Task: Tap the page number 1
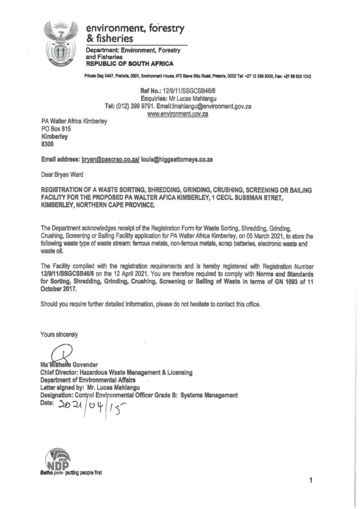pyautogui.click(x=310, y=481)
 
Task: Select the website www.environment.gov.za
pyautogui.click(x=178, y=114)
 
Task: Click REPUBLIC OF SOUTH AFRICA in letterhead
pyautogui.click(x=130, y=64)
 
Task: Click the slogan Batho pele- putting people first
pyautogui.click(x=72, y=473)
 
